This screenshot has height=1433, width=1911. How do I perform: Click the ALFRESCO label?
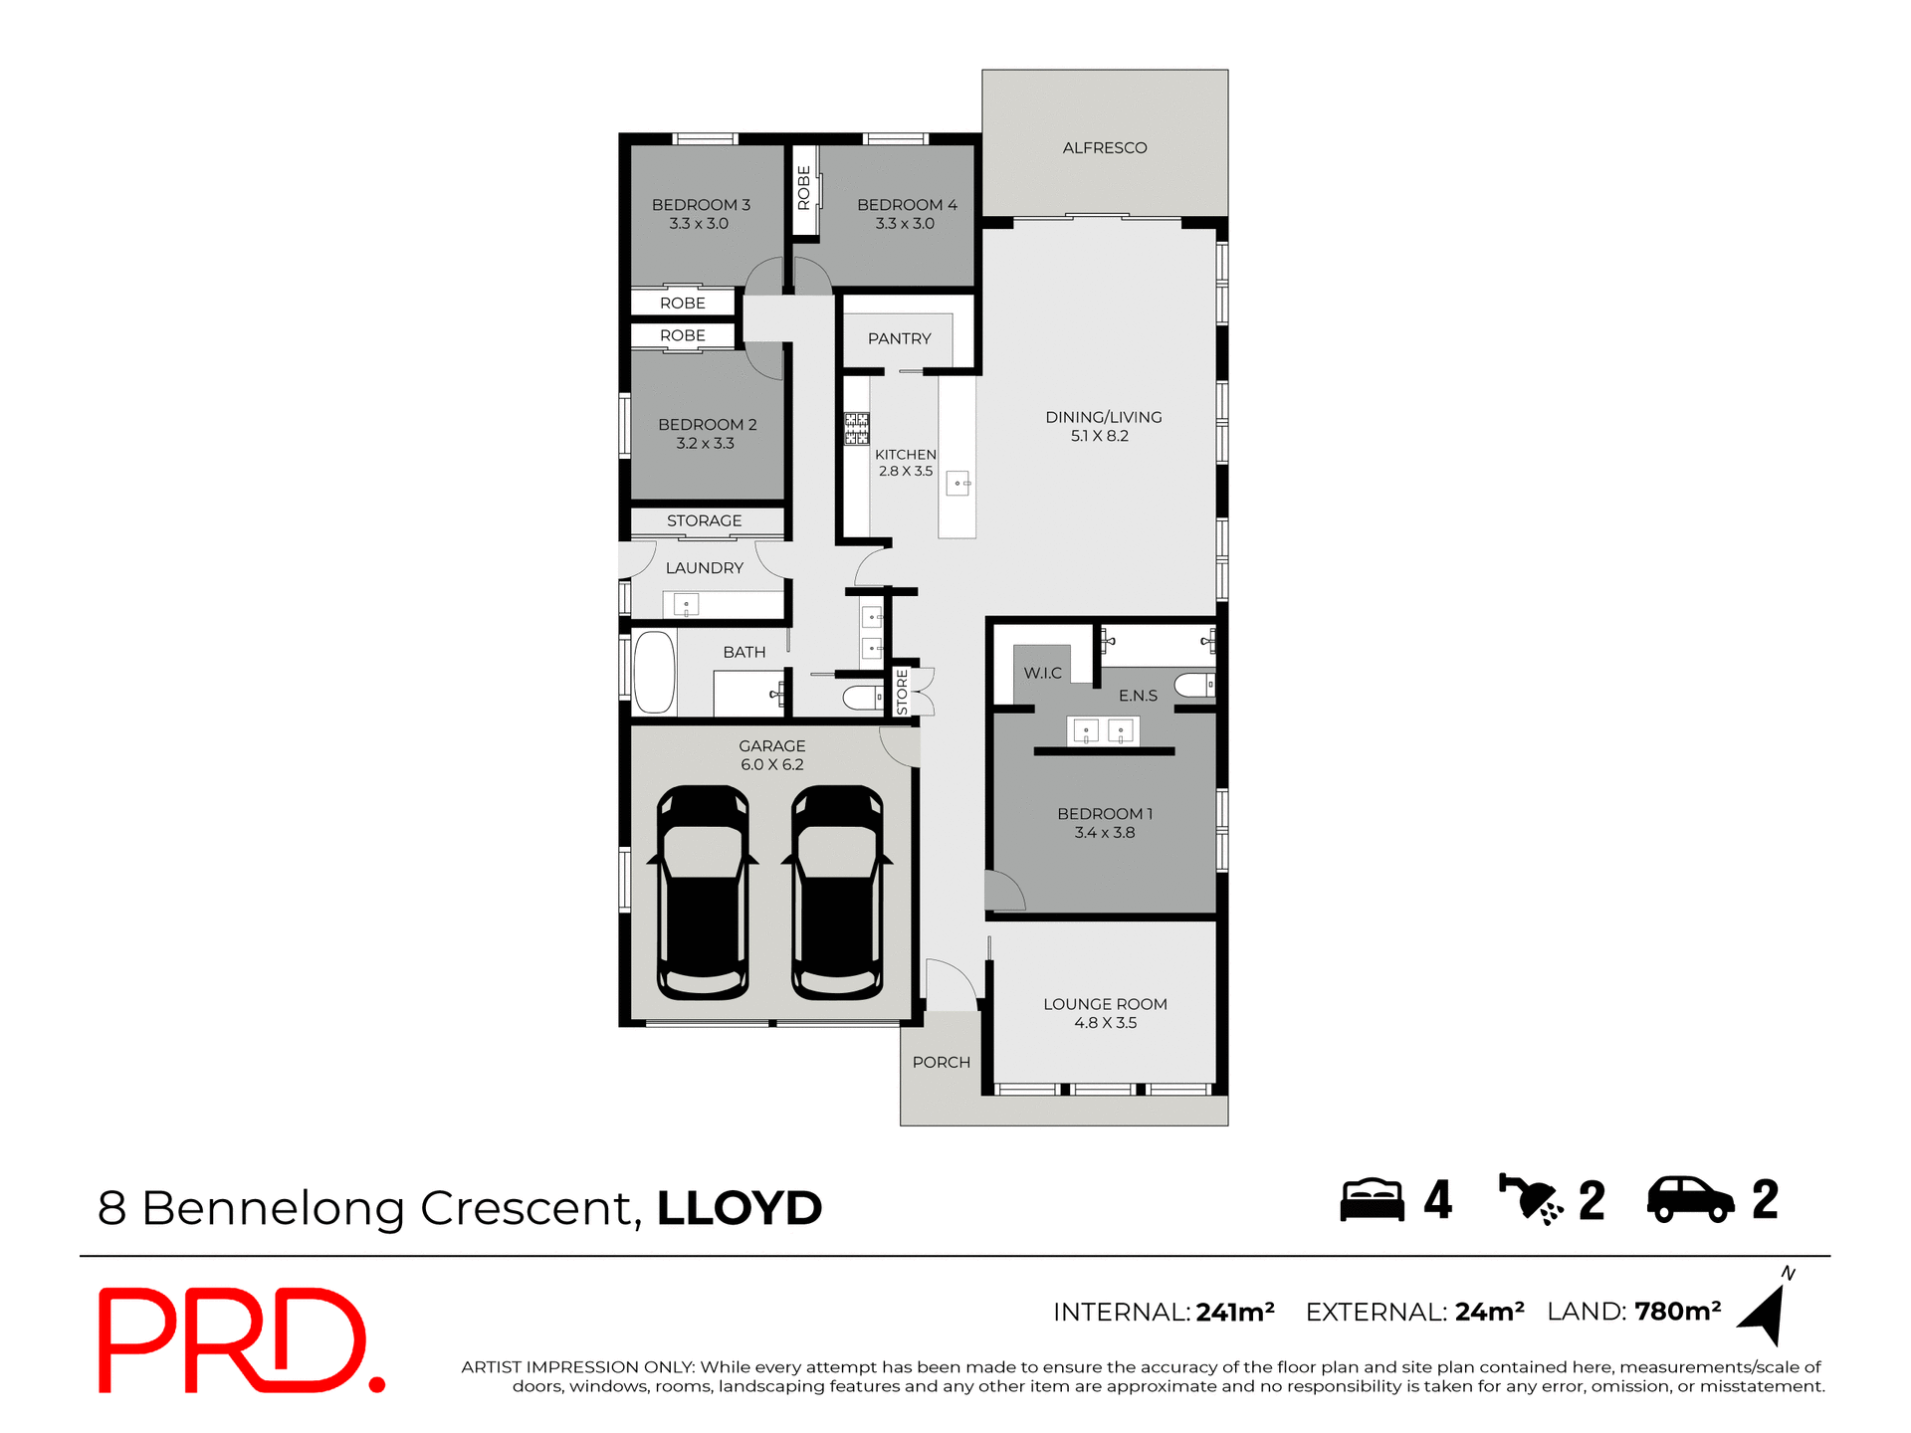[x=1104, y=148]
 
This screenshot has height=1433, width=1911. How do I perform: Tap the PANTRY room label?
[x=899, y=339]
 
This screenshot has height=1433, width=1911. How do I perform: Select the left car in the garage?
[x=703, y=893]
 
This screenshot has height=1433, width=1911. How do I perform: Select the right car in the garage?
[x=837, y=893]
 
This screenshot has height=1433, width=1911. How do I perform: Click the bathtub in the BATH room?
[x=654, y=672]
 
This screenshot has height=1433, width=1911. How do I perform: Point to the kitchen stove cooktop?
[x=856, y=429]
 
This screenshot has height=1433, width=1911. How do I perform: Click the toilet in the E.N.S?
[x=1194, y=685]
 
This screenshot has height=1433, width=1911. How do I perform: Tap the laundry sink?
[x=686, y=604]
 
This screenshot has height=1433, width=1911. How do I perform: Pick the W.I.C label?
[x=1042, y=674]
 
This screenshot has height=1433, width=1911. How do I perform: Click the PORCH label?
[x=941, y=1063]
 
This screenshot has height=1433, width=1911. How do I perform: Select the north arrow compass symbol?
[x=1765, y=1312]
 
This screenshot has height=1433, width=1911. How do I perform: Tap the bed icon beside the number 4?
[x=1371, y=1200]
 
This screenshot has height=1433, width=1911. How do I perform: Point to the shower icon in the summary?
[x=1530, y=1199]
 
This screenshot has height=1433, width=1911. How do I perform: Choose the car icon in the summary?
[x=1690, y=1200]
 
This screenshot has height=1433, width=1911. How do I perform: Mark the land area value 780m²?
[x=1677, y=1312]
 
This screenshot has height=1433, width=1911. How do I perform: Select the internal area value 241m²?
[x=1235, y=1313]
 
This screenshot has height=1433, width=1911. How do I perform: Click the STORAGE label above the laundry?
[x=704, y=521]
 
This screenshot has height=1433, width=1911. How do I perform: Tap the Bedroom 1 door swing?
[x=1003, y=891]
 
